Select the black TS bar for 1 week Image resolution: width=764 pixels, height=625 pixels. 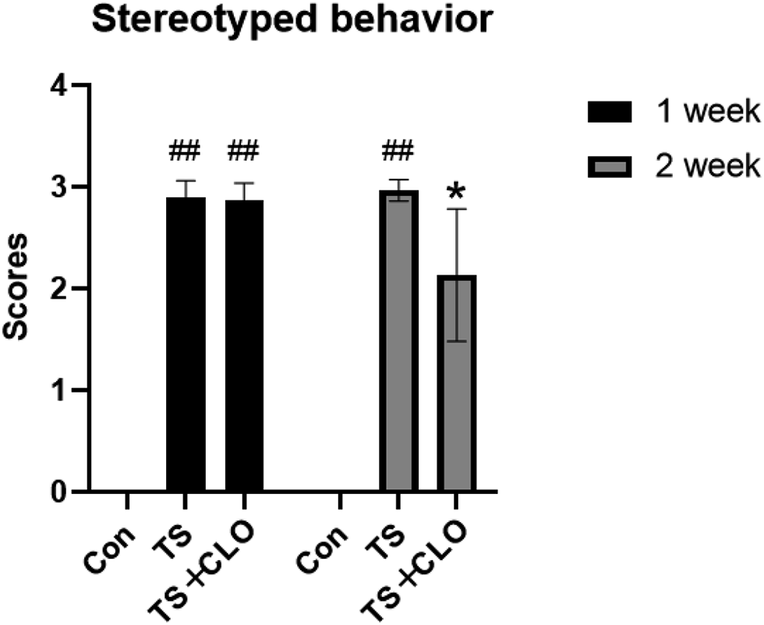pyautogui.click(x=186, y=343)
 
